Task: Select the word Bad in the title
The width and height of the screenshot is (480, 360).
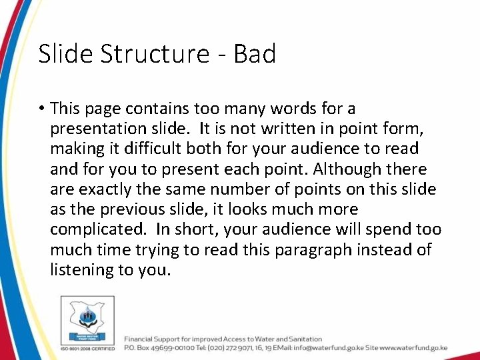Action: point(254,53)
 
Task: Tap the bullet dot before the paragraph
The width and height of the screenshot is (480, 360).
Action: point(41,109)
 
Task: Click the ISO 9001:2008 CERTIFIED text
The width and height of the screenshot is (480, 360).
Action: point(87,348)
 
